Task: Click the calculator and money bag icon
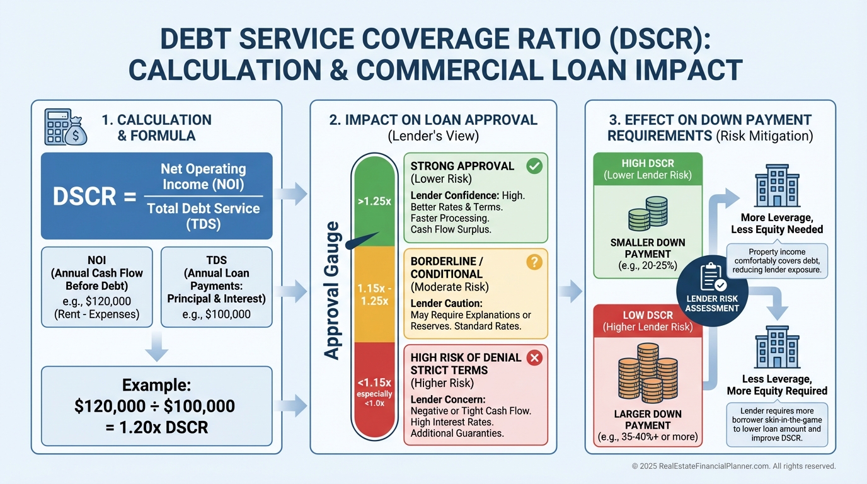click(x=66, y=127)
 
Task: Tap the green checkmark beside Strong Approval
click(x=534, y=166)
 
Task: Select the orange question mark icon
click(x=534, y=262)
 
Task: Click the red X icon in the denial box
click(x=534, y=358)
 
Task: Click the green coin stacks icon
click(x=647, y=214)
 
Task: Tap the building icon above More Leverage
click(x=776, y=188)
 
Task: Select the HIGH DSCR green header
click(x=647, y=168)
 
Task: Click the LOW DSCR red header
click(x=647, y=320)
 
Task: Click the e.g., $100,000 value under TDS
click(x=217, y=314)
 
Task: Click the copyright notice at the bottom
click(x=733, y=466)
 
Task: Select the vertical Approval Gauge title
click(x=333, y=291)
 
